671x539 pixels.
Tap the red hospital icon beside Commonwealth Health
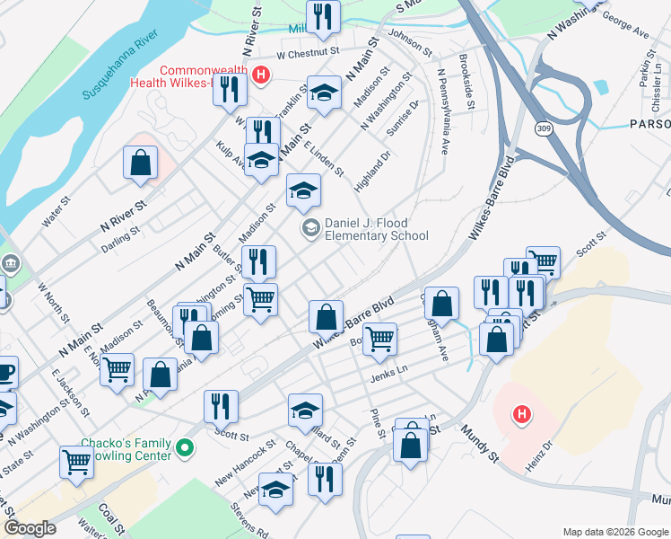click(x=260, y=74)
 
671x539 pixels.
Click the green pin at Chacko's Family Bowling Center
click(x=186, y=446)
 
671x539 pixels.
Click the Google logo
click(x=30, y=528)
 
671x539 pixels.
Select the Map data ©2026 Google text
click(x=614, y=532)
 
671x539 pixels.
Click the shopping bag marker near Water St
click(x=140, y=163)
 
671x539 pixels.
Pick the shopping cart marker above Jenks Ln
click(x=380, y=339)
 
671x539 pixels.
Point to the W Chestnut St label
click(x=308, y=53)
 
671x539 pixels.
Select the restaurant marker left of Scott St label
click(x=220, y=406)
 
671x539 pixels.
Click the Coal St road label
click(x=112, y=517)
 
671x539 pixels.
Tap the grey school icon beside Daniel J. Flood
click(x=310, y=228)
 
